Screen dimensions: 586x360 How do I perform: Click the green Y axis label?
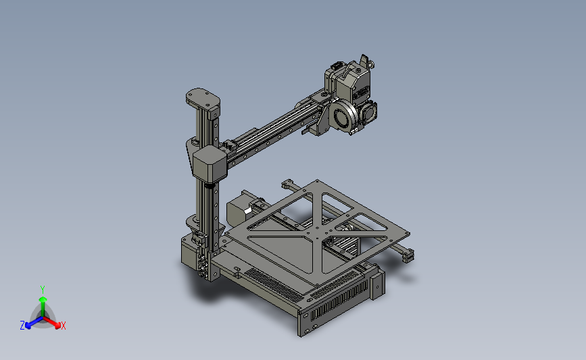pos(43,290)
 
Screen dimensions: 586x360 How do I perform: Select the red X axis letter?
pos(63,326)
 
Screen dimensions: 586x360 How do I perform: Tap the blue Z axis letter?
pos(22,326)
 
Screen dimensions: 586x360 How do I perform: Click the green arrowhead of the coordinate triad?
pos(43,299)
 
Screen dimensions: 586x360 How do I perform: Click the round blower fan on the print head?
pos(343,115)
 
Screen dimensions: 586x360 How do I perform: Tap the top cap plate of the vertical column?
pos(203,98)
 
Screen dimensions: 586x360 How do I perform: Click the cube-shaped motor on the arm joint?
pos(210,164)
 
